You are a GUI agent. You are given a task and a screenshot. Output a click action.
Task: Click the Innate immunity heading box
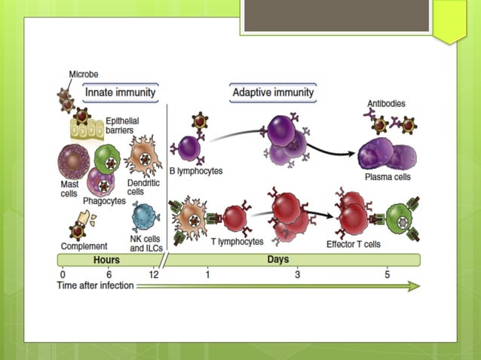point(121,93)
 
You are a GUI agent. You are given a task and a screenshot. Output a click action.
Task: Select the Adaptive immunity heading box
point(273,93)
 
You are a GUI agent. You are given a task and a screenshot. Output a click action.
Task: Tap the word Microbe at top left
point(84,75)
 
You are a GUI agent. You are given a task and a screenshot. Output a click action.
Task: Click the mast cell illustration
point(74,161)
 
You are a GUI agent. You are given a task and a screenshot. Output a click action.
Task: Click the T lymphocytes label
point(237,242)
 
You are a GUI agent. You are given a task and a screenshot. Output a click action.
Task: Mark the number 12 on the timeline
point(154,274)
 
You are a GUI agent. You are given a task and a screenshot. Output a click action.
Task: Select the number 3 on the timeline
point(297,274)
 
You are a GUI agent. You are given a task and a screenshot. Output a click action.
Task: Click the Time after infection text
point(96,285)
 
